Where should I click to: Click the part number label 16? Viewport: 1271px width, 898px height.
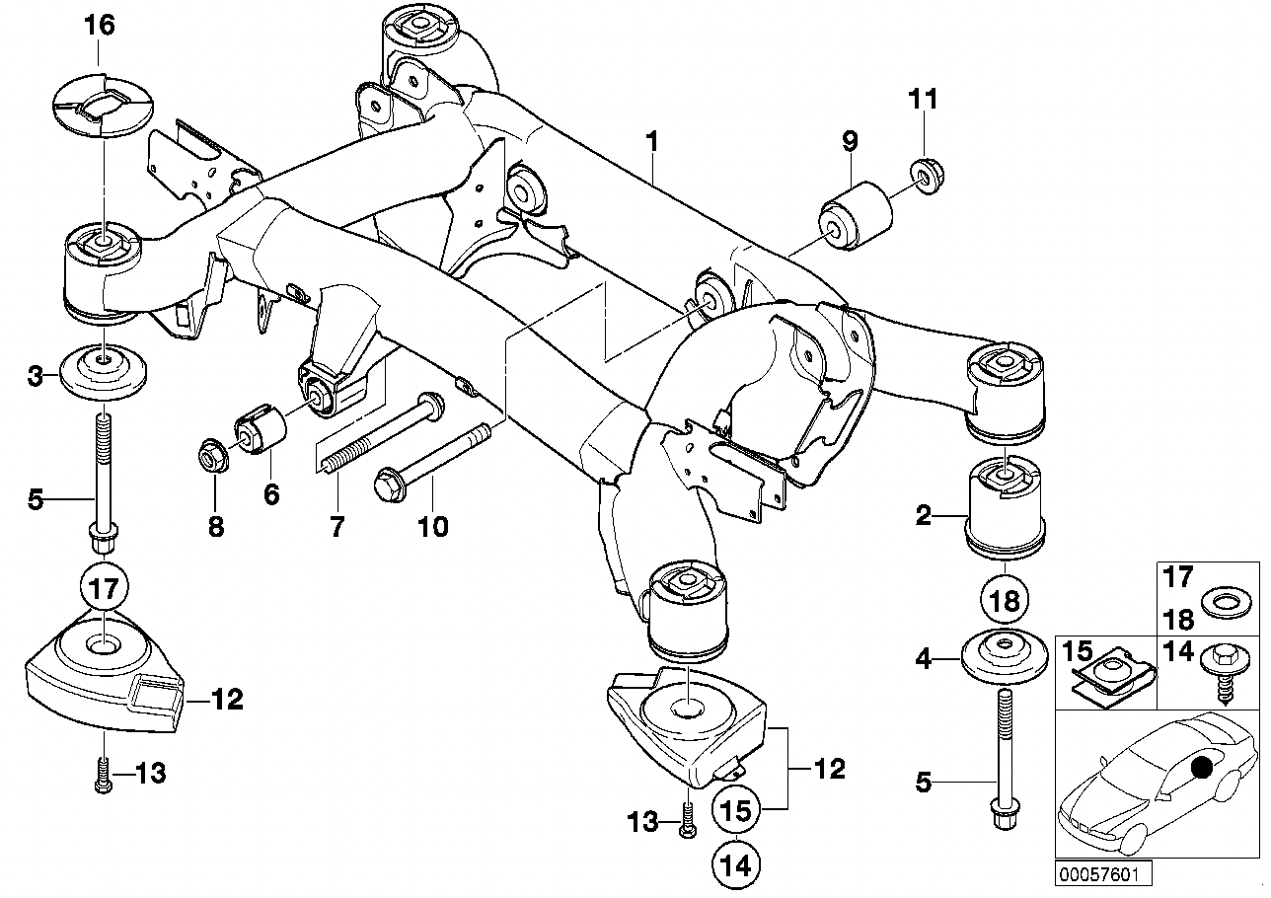99,26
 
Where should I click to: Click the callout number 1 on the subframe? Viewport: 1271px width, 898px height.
651,142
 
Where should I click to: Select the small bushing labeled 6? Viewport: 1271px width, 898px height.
260,428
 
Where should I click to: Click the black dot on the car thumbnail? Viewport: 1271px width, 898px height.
1203,768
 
